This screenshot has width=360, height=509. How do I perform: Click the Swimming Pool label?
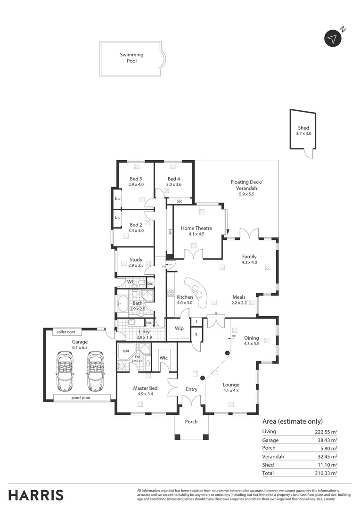coord(131,57)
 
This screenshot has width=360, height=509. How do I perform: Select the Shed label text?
coord(303,128)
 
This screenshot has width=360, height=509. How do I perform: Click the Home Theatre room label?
coord(196,228)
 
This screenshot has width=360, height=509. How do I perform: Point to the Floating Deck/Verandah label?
coord(246,185)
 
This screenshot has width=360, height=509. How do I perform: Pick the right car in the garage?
coord(95,371)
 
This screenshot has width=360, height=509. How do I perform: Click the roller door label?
coord(66,332)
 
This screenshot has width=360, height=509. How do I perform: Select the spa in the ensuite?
coord(126,351)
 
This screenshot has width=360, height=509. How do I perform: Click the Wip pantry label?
coord(179,328)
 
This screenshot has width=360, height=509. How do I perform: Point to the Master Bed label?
coord(145,388)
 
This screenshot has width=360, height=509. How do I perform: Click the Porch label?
coord(191,421)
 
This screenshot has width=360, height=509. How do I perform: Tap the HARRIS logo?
coord(36,495)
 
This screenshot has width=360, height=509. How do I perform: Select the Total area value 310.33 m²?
coord(326,473)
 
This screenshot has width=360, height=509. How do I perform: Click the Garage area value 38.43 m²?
coord(326,440)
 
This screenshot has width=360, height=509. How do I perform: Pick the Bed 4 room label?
coord(173,179)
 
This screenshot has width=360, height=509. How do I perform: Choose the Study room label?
coord(136,260)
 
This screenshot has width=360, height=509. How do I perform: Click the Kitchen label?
coord(184,297)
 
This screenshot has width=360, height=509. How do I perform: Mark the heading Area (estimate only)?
coord(292,421)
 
